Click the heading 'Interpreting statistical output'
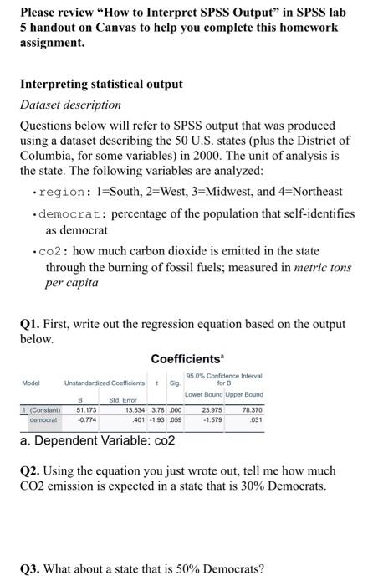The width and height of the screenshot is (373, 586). (x=101, y=84)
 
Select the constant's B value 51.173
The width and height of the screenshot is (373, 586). (x=85, y=409)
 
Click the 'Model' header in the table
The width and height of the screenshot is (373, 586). (x=31, y=383)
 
